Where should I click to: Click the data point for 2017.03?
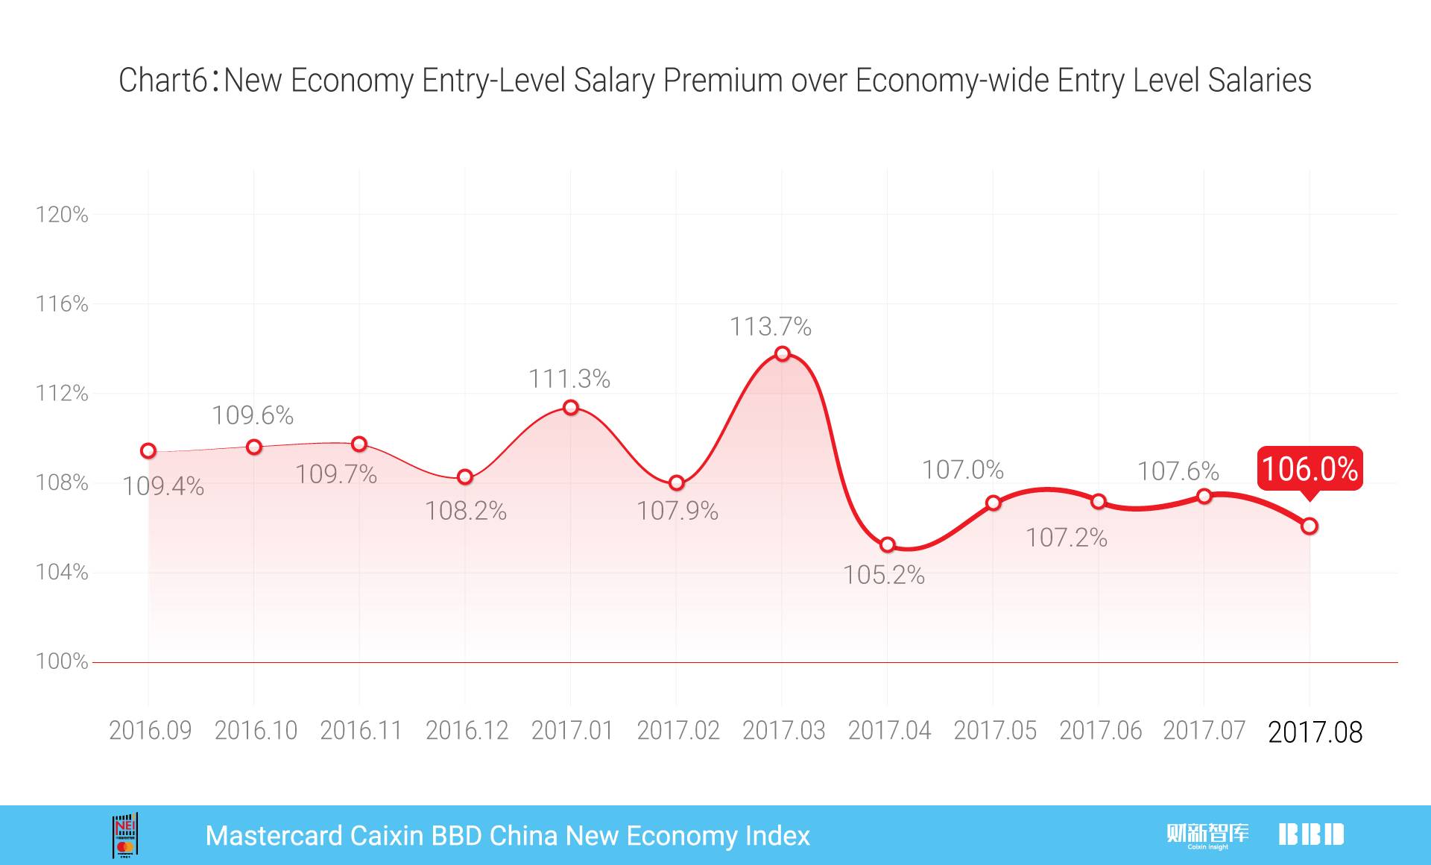pos(782,353)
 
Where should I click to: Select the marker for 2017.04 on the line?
pos(887,545)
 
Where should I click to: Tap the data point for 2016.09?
pos(148,450)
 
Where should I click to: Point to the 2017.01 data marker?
pos(571,407)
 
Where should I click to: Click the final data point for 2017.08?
pos(1310,526)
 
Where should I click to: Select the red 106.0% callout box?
pos(1310,469)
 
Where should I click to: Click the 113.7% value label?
pos(770,327)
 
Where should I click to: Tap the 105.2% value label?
pos(883,575)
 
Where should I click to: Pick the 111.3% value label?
pos(569,379)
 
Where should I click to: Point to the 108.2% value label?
pos(466,511)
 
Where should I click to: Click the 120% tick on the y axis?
pos(62,215)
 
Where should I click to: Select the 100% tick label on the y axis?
pos(62,661)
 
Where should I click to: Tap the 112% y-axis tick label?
pos(62,393)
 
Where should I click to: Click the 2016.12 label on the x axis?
pos(467,731)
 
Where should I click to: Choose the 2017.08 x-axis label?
pos(1315,732)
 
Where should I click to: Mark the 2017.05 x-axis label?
pos(995,731)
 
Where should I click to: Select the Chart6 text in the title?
pos(163,81)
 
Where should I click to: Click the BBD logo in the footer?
pos(1311,834)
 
